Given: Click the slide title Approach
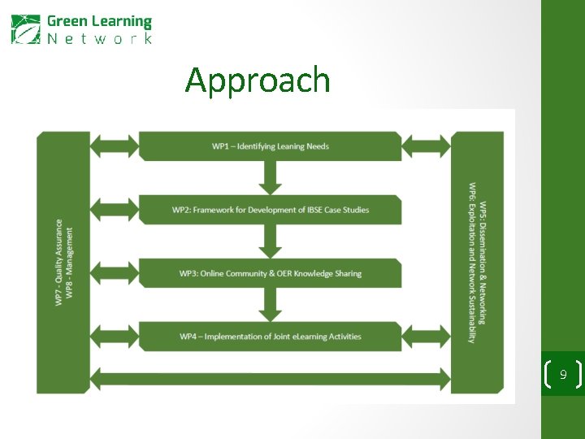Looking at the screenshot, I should pyautogui.click(x=258, y=80).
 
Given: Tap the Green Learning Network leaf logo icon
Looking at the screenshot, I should pyautogui.click(x=25, y=29).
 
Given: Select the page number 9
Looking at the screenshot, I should pyautogui.click(x=562, y=375).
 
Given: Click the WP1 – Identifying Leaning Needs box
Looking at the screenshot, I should pyautogui.click(x=270, y=146).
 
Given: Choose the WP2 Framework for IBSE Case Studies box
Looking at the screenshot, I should pyautogui.click(x=270, y=210).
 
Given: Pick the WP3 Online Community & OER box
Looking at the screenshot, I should pyautogui.click(x=270, y=273).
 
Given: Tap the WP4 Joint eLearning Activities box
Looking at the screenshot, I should pyautogui.click(x=270, y=337).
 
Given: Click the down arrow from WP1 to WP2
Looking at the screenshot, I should pyautogui.click(x=270, y=177).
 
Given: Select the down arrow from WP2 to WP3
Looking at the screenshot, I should pyautogui.click(x=270, y=241).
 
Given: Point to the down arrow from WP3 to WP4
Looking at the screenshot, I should pyautogui.click(x=270, y=305).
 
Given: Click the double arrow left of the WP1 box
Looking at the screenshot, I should pyautogui.click(x=114, y=146).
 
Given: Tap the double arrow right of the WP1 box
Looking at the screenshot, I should pyautogui.click(x=427, y=146).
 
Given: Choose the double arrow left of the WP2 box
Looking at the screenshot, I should pyautogui.click(x=114, y=210).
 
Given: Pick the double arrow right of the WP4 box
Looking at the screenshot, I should pyautogui.click(x=427, y=337).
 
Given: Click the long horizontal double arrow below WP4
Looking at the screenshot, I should pyautogui.click(x=270, y=377).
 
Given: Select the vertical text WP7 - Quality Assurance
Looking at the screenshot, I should pyautogui.click(x=58, y=262).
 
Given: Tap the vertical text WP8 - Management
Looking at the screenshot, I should pyautogui.click(x=70, y=262).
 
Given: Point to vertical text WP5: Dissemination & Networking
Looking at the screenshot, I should pyautogui.click(x=483, y=262).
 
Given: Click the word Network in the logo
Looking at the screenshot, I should pyautogui.click(x=99, y=38).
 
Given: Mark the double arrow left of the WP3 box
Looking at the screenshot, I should pyautogui.click(x=114, y=273).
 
